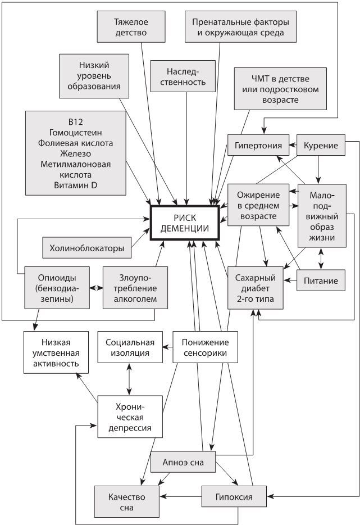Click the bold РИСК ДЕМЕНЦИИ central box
(x=184, y=223)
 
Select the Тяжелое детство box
(x=130, y=26)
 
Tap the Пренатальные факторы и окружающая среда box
(x=240, y=26)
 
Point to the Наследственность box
(x=186, y=77)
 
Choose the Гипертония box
(x=258, y=145)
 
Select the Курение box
(x=320, y=145)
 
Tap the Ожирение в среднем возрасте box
(x=258, y=206)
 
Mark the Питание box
(x=321, y=280)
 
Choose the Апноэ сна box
(x=184, y=462)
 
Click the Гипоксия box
(x=234, y=496)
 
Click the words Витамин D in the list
(x=75, y=185)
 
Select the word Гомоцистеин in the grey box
(x=75, y=132)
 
